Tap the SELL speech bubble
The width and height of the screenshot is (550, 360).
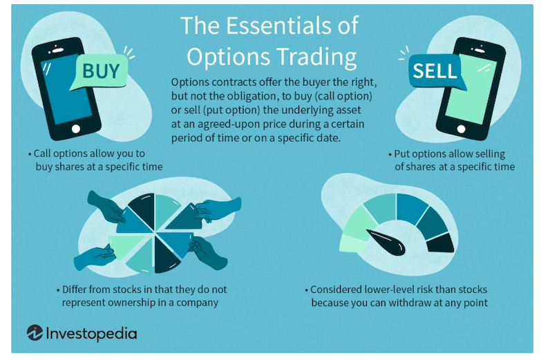[436, 72]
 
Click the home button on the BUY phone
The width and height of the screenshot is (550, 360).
[76, 129]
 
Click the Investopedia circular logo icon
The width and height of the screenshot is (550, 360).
[35, 332]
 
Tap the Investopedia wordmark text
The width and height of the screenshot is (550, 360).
[91, 334]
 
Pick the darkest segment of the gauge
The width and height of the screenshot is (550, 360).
[441, 243]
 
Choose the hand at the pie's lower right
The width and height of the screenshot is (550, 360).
[209, 252]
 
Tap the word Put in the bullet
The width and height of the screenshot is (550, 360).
[402, 154]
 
